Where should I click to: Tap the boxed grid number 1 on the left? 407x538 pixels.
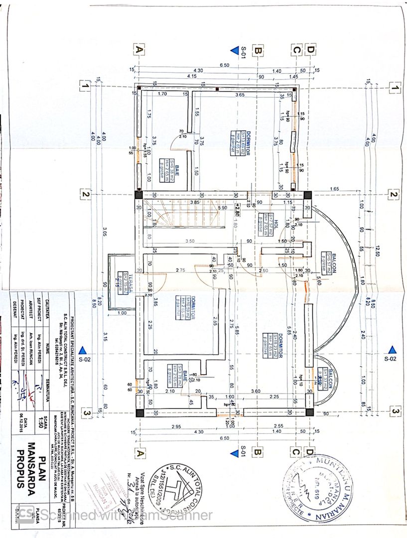(x=85, y=86)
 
